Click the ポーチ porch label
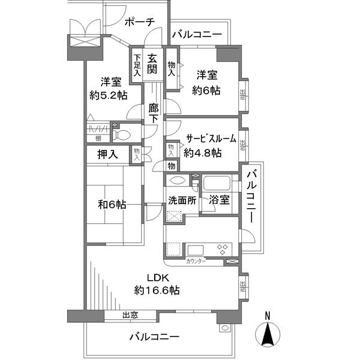(x=140, y=22)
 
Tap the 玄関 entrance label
(x=153, y=62)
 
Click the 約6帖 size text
(x=206, y=91)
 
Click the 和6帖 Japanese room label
(x=112, y=205)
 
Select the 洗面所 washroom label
(x=182, y=201)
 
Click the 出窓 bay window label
(x=130, y=315)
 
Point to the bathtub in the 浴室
(x=218, y=183)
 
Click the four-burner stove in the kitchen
(x=221, y=248)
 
